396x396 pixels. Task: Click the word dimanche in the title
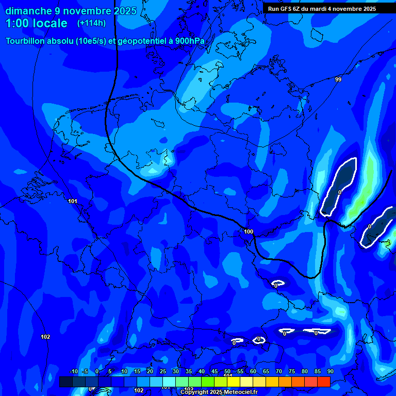(x=28, y=11)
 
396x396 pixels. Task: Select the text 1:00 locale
(x=36, y=23)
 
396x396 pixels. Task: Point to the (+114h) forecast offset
(x=91, y=23)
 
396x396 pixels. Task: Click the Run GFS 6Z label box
(x=322, y=9)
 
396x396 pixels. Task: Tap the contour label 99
(x=338, y=79)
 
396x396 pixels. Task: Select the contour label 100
(x=249, y=232)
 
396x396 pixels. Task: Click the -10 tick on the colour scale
(x=73, y=372)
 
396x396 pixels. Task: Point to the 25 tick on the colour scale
(x=163, y=372)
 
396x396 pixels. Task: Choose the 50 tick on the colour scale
(x=227, y=372)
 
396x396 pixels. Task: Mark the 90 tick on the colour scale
(x=331, y=372)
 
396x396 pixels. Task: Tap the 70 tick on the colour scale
(x=279, y=372)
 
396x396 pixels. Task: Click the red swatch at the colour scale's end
(x=323, y=382)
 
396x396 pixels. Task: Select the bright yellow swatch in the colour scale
(x=234, y=382)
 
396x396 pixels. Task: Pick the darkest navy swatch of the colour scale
(x=66, y=382)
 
